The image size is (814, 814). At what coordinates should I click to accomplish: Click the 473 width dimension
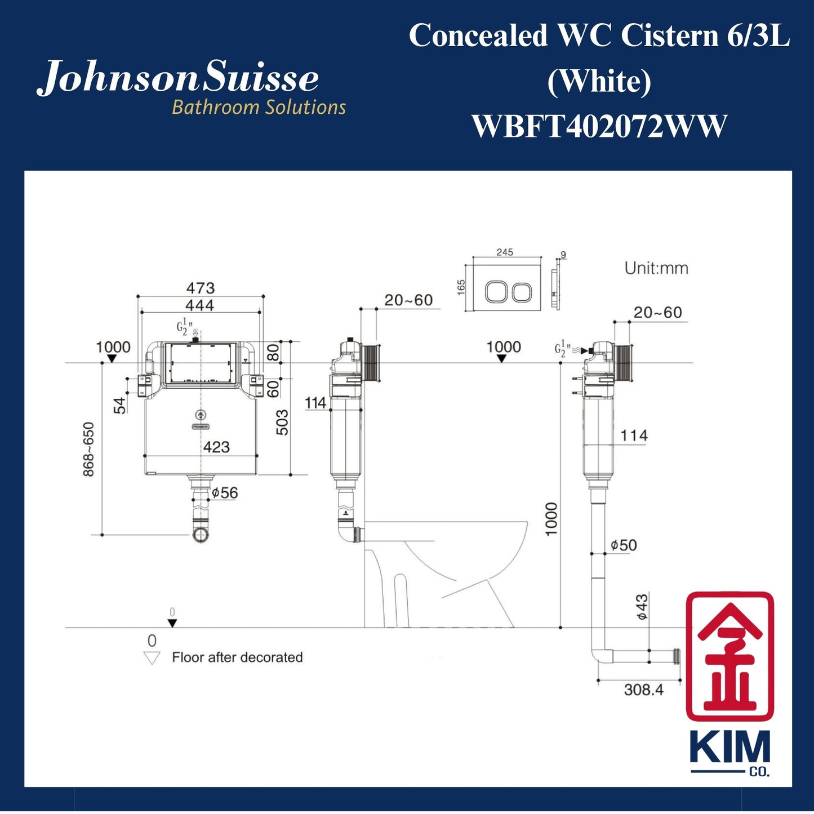click(x=201, y=288)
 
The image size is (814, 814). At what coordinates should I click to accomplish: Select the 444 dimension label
click(x=200, y=305)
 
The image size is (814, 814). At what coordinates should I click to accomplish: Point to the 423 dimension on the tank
click(x=216, y=447)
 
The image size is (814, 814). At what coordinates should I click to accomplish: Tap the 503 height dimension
click(x=282, y=422)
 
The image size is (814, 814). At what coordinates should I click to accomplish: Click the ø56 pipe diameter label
click(x=225, y=493)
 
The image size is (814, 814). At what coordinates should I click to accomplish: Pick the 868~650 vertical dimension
click(x=89, y=449)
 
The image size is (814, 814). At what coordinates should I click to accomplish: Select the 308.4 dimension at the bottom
click(x=643, y=690)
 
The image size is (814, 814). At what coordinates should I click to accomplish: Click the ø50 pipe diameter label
click(x=624, y=545)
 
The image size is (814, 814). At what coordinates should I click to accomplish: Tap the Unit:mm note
click(x=656, y=268)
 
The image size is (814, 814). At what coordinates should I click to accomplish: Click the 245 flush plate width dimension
click(x=505, y=252)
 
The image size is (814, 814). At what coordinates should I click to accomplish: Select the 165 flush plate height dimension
click(x=461, y=287)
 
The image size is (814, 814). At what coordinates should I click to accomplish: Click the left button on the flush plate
click(x=496, y=292)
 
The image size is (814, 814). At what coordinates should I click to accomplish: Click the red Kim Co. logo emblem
click(x=730, y=656)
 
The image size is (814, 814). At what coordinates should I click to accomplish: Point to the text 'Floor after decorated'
click(x=237, y=657)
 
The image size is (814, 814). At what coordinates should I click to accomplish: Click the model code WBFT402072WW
click(x=599, y=126)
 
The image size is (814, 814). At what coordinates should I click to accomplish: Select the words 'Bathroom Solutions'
click(x=259, y=107)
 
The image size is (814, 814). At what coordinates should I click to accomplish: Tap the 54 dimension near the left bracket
click(x=119, y=406)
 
